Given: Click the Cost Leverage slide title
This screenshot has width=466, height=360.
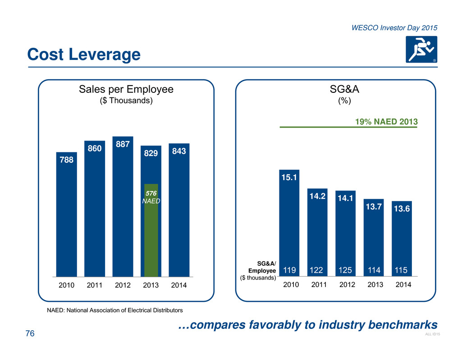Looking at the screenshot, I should [84, 55].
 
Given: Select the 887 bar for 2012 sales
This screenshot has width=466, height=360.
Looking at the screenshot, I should [123, 207].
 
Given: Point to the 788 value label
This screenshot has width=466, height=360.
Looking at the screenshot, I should [66, 159].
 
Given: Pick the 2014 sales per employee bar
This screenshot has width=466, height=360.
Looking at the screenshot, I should [179, 212].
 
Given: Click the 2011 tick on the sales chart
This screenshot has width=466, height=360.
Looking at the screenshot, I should [95, 285].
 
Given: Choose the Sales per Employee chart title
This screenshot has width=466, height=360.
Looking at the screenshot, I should [126, 90].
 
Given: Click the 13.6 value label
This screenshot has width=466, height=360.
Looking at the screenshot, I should [402, 209].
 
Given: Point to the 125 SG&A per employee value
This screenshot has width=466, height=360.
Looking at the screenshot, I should [346, 270].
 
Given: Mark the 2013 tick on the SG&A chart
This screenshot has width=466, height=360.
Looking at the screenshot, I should [374, 285].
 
